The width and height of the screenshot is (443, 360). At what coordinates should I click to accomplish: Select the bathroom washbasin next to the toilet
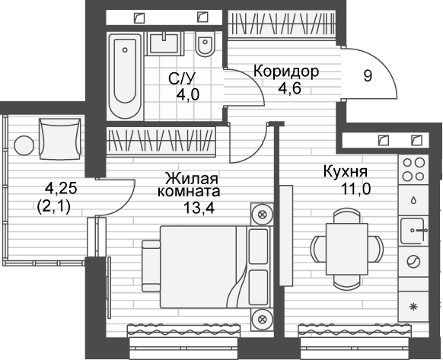(x=164, y=42)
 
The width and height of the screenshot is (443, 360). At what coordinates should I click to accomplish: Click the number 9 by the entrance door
(x=368, y=77)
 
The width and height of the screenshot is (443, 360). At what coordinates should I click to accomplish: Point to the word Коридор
(x=285, y=72)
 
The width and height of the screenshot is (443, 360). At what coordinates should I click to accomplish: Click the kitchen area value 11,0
(x=355, y=190)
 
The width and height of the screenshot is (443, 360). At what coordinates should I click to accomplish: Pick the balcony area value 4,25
(x=61, y=186)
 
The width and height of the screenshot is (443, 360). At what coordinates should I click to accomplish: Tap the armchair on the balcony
(x=58, y=137)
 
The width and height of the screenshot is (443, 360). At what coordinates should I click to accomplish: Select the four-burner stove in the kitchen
(x=413, y=170)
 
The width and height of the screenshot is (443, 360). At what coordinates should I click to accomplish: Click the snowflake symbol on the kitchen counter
(x=413, y=306)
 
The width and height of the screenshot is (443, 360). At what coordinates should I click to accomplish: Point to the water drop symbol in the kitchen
(x=413, y=201)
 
